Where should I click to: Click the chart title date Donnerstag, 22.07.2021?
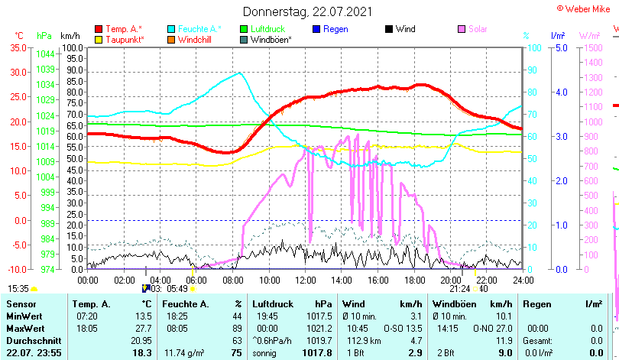[x=309, y=11]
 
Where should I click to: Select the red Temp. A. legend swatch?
[x=99, y=29]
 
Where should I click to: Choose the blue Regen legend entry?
[x=329, y=29]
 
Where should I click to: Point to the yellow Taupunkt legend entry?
[x=122, y=39]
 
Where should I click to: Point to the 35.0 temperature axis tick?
[x=18, y=47]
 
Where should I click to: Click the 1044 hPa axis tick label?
[x=45, y=54]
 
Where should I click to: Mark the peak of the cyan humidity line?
[x=239, y=73]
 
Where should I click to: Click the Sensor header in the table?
[x=22, y=304]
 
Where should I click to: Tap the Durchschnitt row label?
[x=32, y=340]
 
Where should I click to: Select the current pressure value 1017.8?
[x=317, y=352]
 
